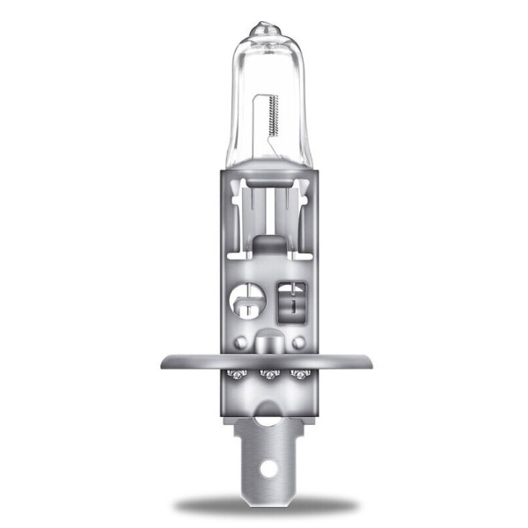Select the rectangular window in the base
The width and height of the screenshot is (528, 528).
[290, 302]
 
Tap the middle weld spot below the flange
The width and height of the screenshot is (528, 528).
[264, 375]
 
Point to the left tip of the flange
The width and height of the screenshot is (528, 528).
[164, 361]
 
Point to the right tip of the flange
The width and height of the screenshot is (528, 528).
[364, 361]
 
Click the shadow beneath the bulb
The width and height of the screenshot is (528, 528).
[264, 505]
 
